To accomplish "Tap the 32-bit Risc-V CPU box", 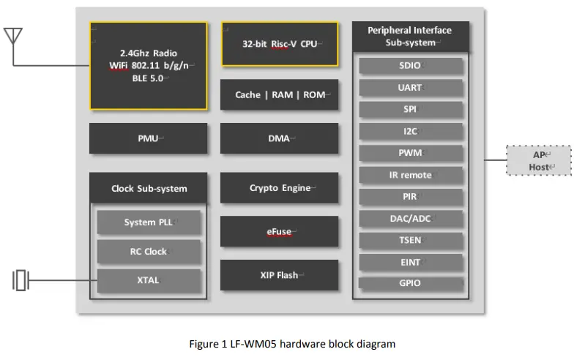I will (x=280, y=43).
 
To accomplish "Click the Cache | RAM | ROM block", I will (x=280, y=94).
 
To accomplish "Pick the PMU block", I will (x=148, y=138).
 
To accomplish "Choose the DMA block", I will (x=280, y=138).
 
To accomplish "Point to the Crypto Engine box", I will (x=280, y=188).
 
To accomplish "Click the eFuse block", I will (x=280, y=231).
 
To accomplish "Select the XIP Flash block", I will (x=280, y=275).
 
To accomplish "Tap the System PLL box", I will (x=149, y=222).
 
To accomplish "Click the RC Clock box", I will (x=149, y=251).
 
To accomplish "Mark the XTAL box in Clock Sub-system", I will (x=149, y=280).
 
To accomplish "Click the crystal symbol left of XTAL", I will (x=21, y=280).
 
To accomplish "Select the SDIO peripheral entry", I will (x=411, y=66).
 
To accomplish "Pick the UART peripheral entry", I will (x=411, y=88).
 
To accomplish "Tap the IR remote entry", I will (x=411, y=176).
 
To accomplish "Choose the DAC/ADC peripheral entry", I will (x=411, y=218).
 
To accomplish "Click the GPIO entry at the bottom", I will (x=411, y=283).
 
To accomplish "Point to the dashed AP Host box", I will (x=540, y=160).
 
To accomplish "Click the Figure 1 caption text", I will (x=292, y=343).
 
